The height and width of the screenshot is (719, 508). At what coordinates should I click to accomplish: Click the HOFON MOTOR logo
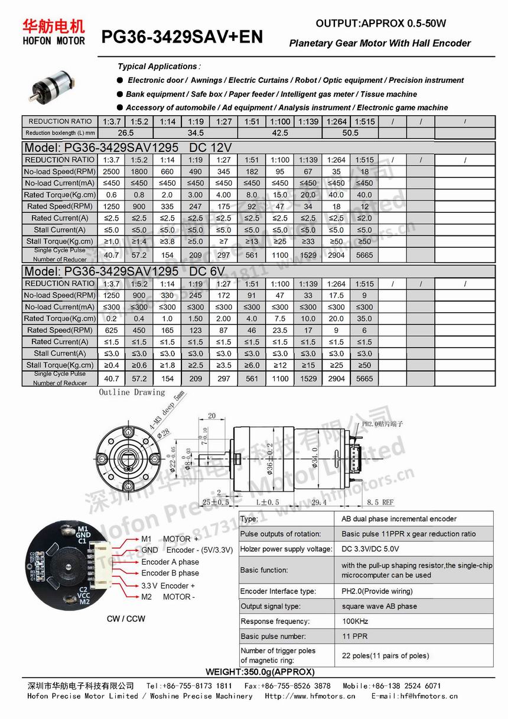54,32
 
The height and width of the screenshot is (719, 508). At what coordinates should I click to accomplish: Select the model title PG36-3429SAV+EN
182,38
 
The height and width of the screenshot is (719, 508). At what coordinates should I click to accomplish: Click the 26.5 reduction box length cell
126,133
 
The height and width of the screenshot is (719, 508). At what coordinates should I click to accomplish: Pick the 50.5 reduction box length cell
350,133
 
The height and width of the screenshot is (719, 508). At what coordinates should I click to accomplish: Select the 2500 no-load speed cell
111,171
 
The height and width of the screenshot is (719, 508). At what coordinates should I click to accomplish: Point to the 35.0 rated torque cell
364,319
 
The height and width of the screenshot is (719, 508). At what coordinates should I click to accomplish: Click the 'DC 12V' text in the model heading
210,148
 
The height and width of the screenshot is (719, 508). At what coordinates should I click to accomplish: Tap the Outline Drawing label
132,393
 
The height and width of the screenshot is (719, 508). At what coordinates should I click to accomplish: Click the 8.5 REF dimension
380,502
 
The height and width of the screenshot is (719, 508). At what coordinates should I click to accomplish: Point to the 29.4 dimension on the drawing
319,502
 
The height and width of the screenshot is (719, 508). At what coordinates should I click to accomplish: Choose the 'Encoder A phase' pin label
170,562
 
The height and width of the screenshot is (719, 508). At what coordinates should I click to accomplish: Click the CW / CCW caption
126,619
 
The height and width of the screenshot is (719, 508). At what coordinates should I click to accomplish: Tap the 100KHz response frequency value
355,621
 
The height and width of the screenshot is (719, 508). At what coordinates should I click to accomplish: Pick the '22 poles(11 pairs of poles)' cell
385,656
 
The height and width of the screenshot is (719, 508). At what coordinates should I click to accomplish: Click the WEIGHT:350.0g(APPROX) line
260,672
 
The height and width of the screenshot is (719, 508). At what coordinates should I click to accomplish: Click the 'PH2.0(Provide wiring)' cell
377,591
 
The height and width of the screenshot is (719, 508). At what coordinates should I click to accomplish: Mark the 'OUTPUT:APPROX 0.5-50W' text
381,24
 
